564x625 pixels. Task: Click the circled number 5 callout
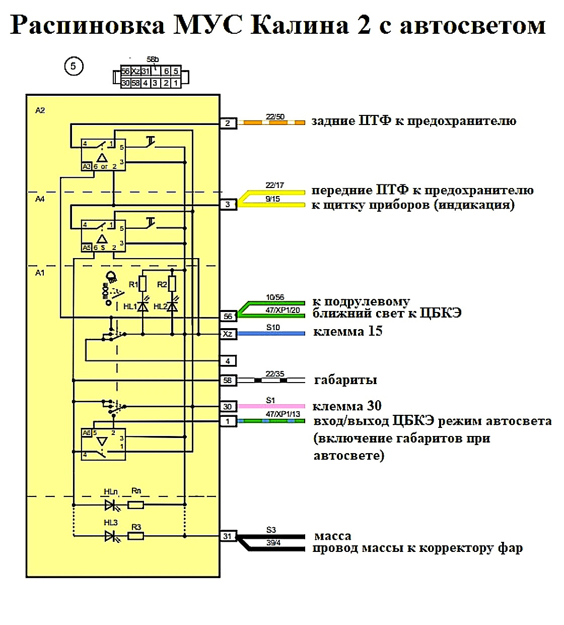tap(74, 66)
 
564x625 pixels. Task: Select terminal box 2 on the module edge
tap(228, 123)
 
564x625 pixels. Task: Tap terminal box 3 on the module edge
tap(228, 204)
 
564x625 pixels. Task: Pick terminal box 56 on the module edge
tap(228, 317)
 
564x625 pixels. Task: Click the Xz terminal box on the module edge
tap(228, 334)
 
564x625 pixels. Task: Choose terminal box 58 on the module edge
tap(228, 380)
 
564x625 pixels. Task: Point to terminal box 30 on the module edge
tap(228, 407)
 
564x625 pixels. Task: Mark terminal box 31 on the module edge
tap(228, 536)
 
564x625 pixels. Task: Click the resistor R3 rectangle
tap(136, 536)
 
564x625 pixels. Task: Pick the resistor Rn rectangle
tap(136, 505)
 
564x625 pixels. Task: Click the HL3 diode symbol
tap(111, 536)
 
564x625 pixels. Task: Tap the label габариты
tap(345, 380)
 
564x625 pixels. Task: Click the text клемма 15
tap(347, 332)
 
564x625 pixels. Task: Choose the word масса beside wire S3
tap(332, 536)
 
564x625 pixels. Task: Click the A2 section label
tap(40, 110)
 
